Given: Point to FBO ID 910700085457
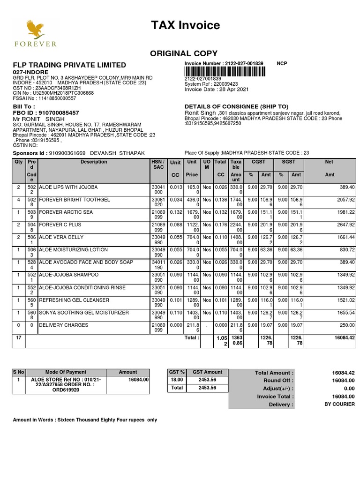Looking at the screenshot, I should click(x=45, y=113).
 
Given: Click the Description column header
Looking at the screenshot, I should click(x=94, y=162).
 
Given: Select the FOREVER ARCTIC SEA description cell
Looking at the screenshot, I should click(x=66, y=212).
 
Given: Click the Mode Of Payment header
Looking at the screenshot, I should click(x=64, y=372).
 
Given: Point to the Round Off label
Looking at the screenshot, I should click(x=278, y=381).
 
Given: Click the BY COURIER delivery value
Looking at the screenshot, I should click(x=339, y=404).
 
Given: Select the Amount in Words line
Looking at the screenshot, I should click(x=85, y=420).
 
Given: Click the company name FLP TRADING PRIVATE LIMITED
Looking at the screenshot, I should click(x=69, y=65).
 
